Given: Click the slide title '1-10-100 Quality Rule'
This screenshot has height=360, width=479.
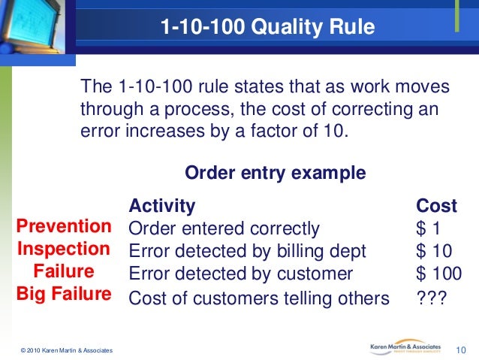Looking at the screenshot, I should click(x=267, y=28).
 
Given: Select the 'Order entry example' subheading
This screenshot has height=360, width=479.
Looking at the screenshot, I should click(x=275, y=174).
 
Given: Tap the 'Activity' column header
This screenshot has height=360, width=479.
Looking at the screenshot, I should click(x=162, y=206).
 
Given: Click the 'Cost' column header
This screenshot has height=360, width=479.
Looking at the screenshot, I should click(x=436, y=206).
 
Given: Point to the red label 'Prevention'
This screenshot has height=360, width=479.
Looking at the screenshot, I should click(x=64, y=226).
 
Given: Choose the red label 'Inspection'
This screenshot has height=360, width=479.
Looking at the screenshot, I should click(x=63, y=249).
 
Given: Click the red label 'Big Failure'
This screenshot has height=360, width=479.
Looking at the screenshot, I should click(x=63, y=293).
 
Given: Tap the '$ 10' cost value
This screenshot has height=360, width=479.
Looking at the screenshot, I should click(x=434, y=251).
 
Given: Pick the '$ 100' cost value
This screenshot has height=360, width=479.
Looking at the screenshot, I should click(x=438, y=274).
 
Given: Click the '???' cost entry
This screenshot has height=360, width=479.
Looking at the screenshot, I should click(x=432, y=298).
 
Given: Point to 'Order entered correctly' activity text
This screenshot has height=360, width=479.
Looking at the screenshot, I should click(x=224, y=228).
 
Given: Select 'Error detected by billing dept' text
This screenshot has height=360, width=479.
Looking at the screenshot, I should click(x=248, y=251).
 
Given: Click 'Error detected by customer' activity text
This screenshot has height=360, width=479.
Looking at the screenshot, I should click(x=240, y=274).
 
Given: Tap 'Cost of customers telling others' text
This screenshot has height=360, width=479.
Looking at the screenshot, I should click(x=259, y=298).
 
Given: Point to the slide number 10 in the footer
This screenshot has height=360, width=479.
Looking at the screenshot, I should click(x=462, y=349).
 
